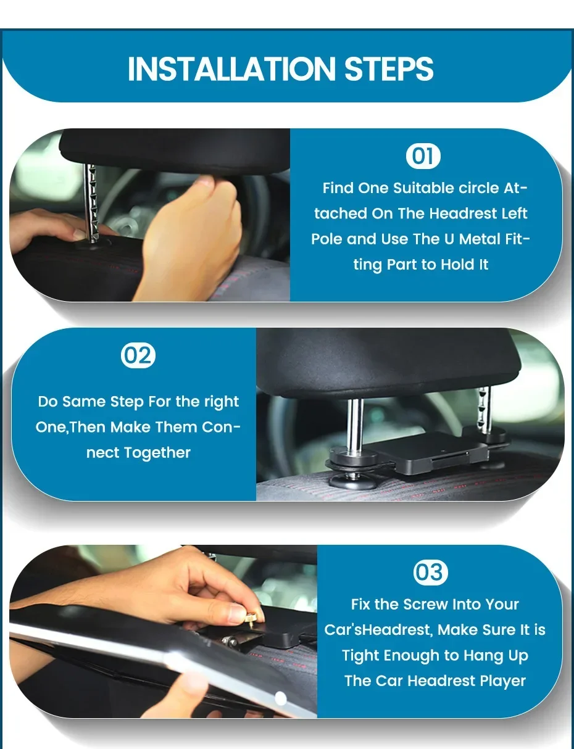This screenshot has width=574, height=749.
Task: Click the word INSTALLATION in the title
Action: tap(231, 69)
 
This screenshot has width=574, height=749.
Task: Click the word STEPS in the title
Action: tap(388, 69)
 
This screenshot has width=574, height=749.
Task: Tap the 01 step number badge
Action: tap(423, 156)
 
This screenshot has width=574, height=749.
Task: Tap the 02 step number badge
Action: tap(138, 355)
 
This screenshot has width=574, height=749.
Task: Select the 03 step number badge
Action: tap(431, 573)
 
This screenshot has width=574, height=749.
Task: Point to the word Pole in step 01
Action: tap(326, 239)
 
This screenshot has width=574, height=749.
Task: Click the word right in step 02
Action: tap(222, 402)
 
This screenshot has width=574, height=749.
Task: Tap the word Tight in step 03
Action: tap(360, 656)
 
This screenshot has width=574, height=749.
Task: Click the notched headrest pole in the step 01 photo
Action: tap(92, 204)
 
